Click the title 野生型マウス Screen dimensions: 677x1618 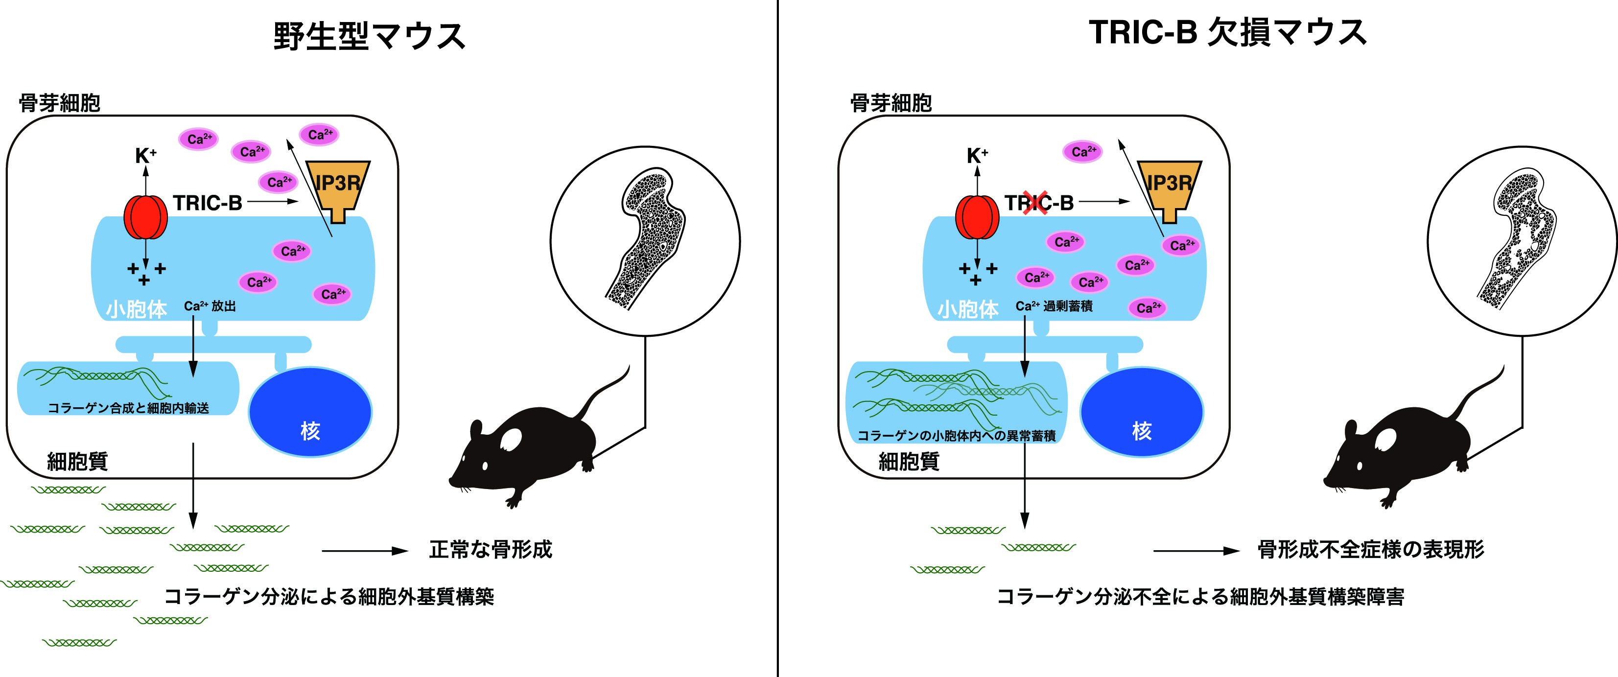click(x=369, y=36)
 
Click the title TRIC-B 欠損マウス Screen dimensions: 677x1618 click(x=1227, y=33)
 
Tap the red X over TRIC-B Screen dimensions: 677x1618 click(x=1034, y=202)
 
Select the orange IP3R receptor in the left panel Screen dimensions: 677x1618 click(x=338, y=187)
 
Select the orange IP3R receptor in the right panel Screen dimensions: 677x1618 click(x=1169, y=187)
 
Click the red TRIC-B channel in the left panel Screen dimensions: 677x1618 click(x=146, y=217)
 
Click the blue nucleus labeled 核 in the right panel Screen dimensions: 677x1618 click(x=1141, y=413)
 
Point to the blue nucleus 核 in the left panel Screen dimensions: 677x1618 click(x=310, y=413)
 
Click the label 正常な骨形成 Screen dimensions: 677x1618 click(x=491, y=550)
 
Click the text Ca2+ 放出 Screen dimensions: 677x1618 click(x=210, y=306)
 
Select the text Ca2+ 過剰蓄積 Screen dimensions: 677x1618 click(x=1054, y=306)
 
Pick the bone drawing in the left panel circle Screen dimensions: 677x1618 click(x=647, y=239)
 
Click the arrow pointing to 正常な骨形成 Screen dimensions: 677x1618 click(x=365, y=551)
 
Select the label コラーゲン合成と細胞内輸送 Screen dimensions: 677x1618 click(x=128, y=408)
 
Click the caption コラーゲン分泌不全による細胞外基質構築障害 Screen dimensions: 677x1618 click(x=1200, y=597)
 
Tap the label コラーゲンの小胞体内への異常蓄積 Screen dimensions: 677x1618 click(x=956, y=436)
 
